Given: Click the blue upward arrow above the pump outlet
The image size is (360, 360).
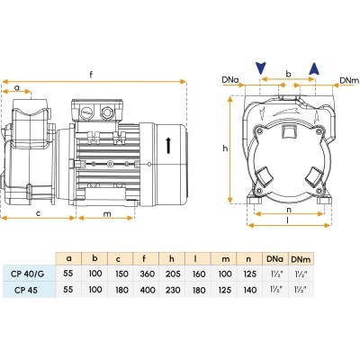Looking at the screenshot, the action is click(314, 68).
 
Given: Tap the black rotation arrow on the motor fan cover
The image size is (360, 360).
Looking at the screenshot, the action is click(168, 146).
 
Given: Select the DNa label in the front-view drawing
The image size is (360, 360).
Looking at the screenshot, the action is click(230, 80).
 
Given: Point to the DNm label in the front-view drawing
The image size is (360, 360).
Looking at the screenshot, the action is click(349, 80).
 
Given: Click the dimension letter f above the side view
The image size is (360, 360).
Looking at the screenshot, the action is click(92, 75).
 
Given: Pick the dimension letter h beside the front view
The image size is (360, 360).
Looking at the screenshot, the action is click(225, 148).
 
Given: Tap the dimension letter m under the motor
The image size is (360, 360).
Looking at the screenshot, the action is click(107, 213).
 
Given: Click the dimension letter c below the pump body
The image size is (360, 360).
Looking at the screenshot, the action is click(38, 213).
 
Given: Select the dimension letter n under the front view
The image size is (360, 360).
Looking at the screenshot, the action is click(289, 210).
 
